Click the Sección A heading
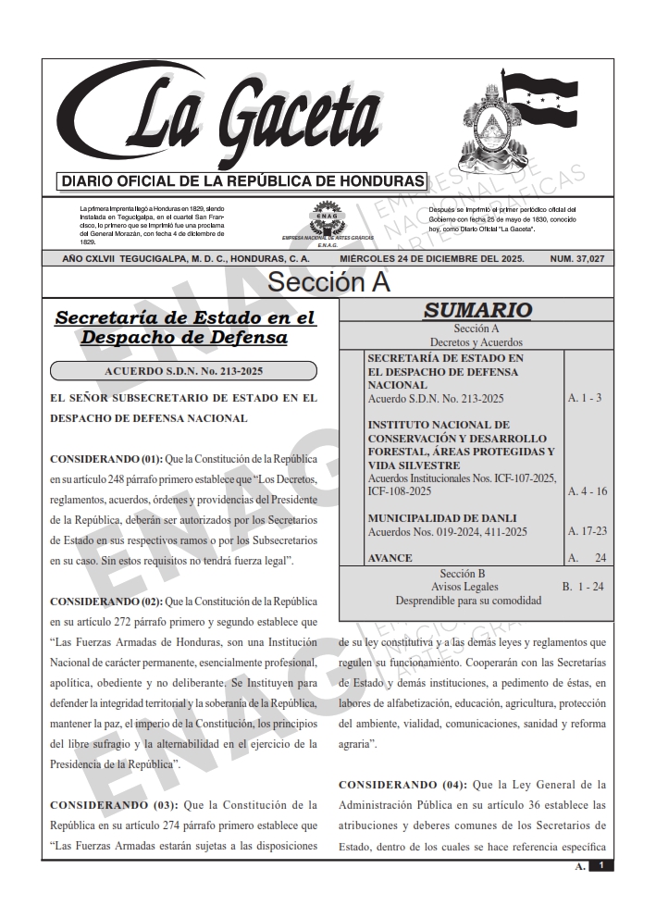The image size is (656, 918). tap(328, 282)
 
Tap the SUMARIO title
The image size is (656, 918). tap(477, 311)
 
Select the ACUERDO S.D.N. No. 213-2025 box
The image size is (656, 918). tap(183, 371)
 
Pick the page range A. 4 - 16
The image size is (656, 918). tap(587, 491)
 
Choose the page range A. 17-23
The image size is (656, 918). tap(587, 532)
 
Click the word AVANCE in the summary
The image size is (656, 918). tap(390, 559)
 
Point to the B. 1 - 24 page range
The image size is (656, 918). tap(583, 587)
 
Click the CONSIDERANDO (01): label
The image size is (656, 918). tap(105, 459)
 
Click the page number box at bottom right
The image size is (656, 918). tap(600, 866)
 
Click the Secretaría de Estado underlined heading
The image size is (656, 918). tap(185, 328)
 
